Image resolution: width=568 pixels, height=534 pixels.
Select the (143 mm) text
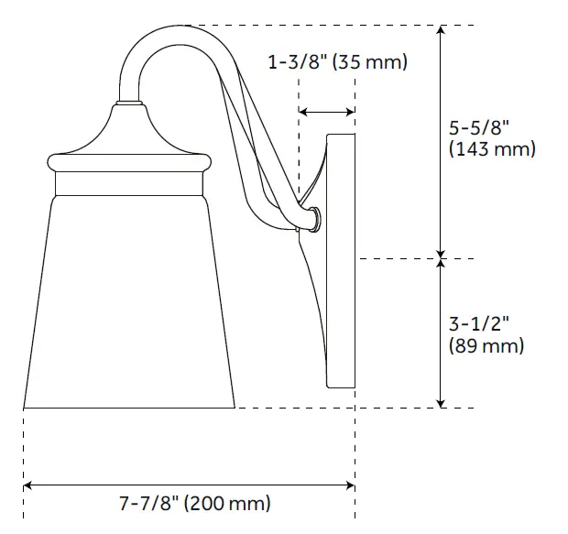coord(493,149)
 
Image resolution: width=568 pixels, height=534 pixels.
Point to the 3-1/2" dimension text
coord(477,324)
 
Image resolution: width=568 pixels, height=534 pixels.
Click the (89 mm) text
coord(486,345)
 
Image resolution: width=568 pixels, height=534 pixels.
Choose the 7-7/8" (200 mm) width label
coord(195,503)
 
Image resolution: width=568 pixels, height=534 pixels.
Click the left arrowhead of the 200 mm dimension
coord(28,484)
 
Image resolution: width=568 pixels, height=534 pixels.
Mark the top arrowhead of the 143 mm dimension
coord(442,31)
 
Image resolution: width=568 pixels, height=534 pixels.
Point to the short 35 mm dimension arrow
coord(327,112)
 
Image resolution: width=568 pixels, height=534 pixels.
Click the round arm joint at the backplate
coord(314,219)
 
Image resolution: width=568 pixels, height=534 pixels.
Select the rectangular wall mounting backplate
coord(342,261)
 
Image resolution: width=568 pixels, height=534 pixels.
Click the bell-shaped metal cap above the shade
coord(128,133)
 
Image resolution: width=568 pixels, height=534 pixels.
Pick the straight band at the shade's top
coord(129,184)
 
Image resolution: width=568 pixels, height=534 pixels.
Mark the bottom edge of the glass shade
coord(129,407)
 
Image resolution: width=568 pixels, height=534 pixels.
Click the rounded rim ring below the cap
coord(129,162)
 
